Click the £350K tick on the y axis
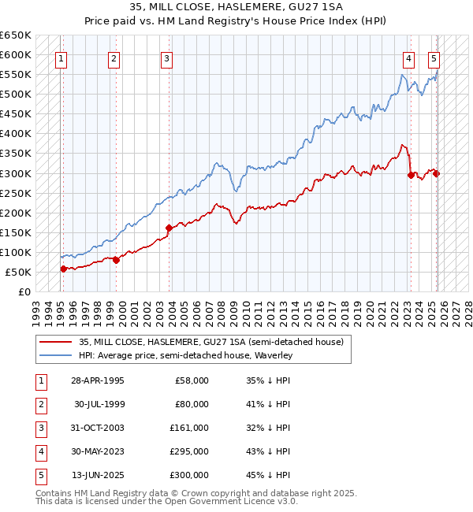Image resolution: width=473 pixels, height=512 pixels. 16,154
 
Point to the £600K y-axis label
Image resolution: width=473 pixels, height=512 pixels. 16,54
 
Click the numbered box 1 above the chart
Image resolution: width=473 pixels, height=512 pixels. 61,58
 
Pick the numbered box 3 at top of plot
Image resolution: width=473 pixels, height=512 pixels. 167,58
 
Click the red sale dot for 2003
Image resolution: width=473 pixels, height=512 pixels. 169,228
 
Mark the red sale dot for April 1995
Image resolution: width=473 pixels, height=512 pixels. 63,269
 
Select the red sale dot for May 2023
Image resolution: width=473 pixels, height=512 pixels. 411,175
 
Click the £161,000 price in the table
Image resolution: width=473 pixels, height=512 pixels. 190,428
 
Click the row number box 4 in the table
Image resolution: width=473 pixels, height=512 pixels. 39,451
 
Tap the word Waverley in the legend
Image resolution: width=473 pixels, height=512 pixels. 272,356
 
